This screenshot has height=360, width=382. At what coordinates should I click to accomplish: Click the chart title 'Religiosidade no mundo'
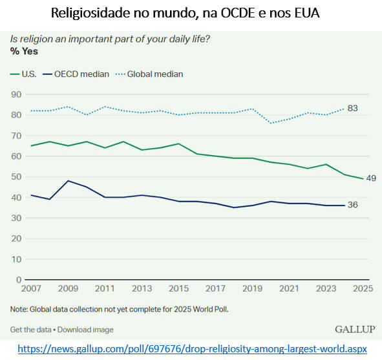tap(191, 13)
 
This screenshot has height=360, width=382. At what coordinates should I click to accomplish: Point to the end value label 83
tap(352, 108)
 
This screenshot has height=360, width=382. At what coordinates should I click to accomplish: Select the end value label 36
tap(352, 205)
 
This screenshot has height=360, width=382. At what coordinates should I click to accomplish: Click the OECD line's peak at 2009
tap(69, 181)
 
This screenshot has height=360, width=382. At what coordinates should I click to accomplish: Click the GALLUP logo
tap(354, 330)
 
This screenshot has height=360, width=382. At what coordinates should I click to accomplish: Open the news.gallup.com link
tap(192, 349)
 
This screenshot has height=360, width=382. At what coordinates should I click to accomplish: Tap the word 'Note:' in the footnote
tap(19, 308)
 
